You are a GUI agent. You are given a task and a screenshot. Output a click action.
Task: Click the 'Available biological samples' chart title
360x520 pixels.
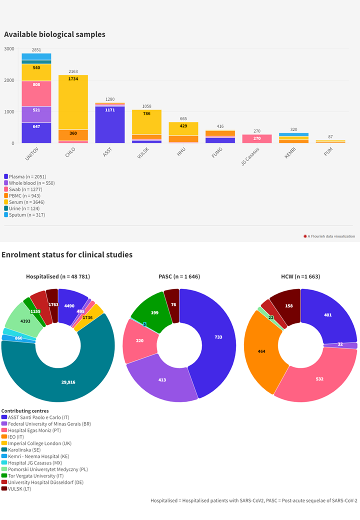pyautogui.click(x=54, y=34)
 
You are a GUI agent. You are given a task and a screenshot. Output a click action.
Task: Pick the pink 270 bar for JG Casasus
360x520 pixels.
pyautogui.click(x=256, y=138)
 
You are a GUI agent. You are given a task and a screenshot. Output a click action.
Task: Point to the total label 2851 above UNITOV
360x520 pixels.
pyautogui.click(x=36, y=50)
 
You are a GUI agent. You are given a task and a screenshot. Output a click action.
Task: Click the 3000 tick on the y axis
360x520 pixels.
pyautogui.click(x=9, y=49)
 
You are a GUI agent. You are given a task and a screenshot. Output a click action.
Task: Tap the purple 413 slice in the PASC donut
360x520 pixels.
pyautogui.click(x=162, y=380)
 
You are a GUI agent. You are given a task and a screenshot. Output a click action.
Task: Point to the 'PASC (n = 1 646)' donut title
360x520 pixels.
pyautogui.click(x=179, y=276)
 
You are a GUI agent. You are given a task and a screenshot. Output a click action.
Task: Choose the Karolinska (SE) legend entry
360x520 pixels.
pyautogui.click(x=25, y=449)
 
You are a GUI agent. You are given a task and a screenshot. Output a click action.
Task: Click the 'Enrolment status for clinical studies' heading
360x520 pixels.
pyautogui.click(x=67, y=255)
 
